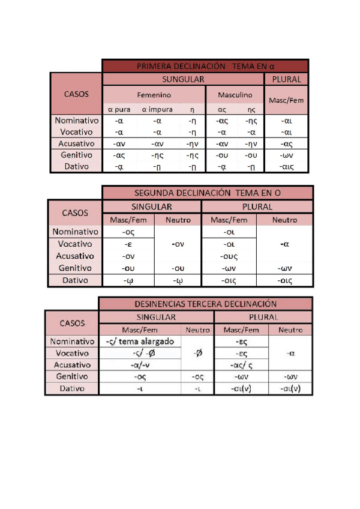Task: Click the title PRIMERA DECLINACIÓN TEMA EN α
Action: pos(205,66)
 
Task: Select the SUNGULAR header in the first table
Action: pos(184,79)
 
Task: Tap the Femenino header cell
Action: pos(154,95)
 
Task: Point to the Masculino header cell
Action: pos(235,95)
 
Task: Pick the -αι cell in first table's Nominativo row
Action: pos(286,121)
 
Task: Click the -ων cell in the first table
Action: pos(286,155)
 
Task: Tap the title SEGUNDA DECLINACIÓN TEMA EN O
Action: pos(208,193)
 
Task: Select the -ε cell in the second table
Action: pos(128,244)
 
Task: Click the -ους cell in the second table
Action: pos(230,256)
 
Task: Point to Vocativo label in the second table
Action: pos(75,244)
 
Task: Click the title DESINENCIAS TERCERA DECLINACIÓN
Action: pos(206,304)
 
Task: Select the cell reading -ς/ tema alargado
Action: pos(139,341)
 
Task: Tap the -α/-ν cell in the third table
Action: pos(139,365)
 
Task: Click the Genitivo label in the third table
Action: pos(71,377)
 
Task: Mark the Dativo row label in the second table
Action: pos(75,280)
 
